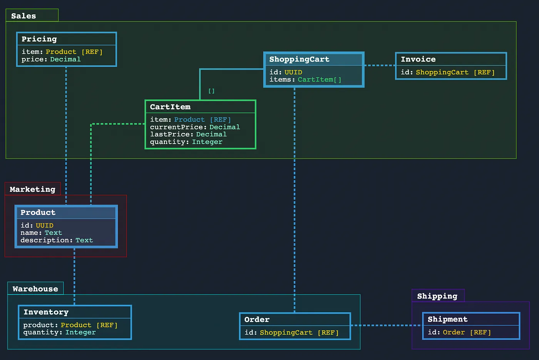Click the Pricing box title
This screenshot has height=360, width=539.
[x=39, y=39]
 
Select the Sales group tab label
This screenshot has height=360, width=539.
[x=23, y=16]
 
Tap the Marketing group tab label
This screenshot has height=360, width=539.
[x=32, y=189]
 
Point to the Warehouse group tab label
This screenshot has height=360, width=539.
[x=35, y=289]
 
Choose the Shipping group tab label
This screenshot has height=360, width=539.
[x=437, y=296]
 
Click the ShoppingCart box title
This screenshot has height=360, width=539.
[x=299, y=59]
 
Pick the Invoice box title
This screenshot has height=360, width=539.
[x=418, y=59]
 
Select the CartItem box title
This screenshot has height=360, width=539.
[x=170, y=107]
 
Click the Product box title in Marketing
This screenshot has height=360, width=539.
[x=38, y=213]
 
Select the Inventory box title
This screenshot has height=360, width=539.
[x=46, y=312]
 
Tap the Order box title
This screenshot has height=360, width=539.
[x=257, y=320]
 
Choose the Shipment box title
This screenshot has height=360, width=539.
[x=447, y=319]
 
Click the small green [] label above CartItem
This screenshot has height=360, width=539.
[x=211, y=91]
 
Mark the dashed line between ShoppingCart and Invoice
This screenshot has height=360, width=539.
[x=380, y=65]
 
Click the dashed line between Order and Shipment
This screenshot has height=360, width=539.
[x=387, y=325]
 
